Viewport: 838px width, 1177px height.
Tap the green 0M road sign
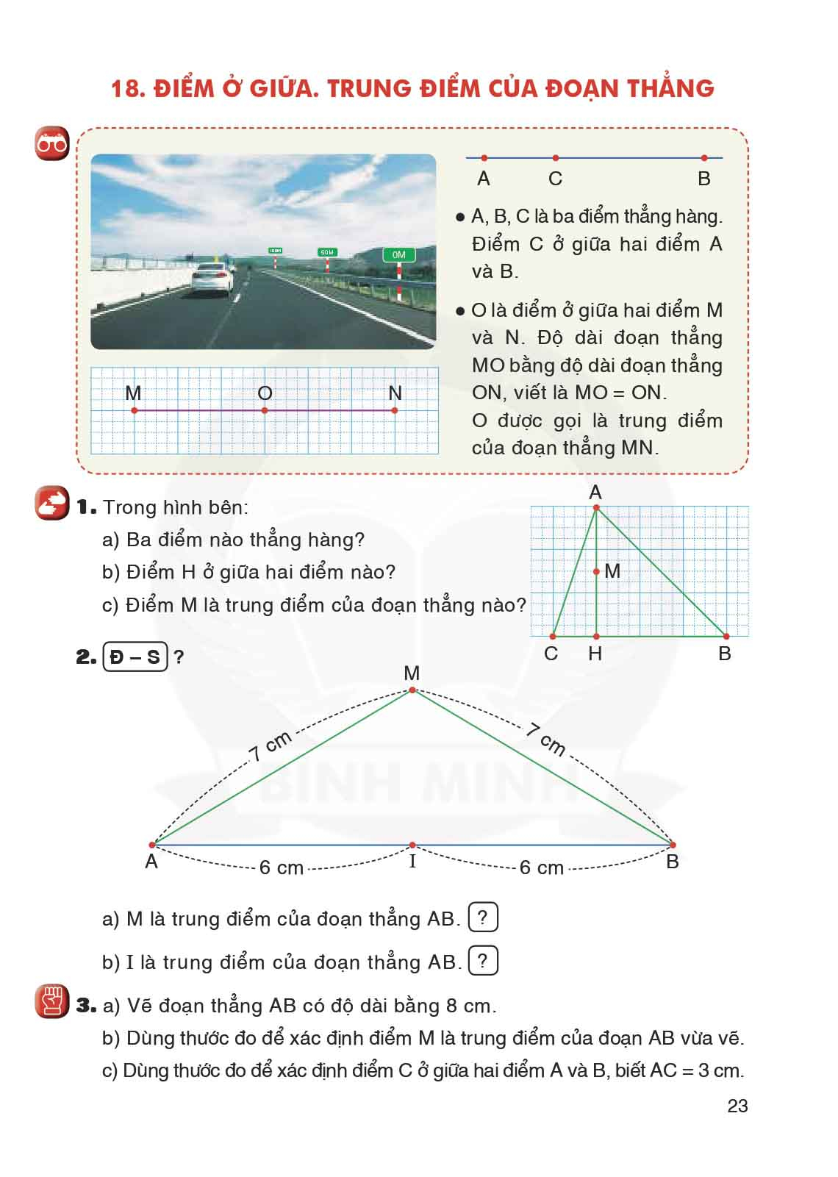click(398, 255)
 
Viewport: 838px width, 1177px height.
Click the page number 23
click(737, 1106)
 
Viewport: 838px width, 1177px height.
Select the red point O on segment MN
click(265, 410)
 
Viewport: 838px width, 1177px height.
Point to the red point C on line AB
click(556, 158)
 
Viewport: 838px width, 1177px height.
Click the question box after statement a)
click(482, 917)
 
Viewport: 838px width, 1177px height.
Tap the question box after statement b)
click(482, 961)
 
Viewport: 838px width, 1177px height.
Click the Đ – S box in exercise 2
click(135, 656)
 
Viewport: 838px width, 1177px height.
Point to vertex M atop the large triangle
click(412, 690)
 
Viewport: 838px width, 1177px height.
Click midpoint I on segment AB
click(412, 845)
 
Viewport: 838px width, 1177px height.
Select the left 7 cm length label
click(271, 745)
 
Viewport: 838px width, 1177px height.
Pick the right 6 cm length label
click(541, 867)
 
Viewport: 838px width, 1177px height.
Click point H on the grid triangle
click(596, 637)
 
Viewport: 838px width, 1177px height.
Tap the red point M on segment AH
click(596, 571)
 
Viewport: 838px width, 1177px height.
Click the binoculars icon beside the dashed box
click(52, 144)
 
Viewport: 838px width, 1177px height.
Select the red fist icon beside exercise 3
click(52, 1001)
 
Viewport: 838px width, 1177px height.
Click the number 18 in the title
click(126, 88)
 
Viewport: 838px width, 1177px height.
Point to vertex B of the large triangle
click(673, 845)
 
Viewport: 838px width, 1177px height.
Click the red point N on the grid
click(395, 410)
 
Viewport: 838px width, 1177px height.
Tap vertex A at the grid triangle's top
click(596, 507)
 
